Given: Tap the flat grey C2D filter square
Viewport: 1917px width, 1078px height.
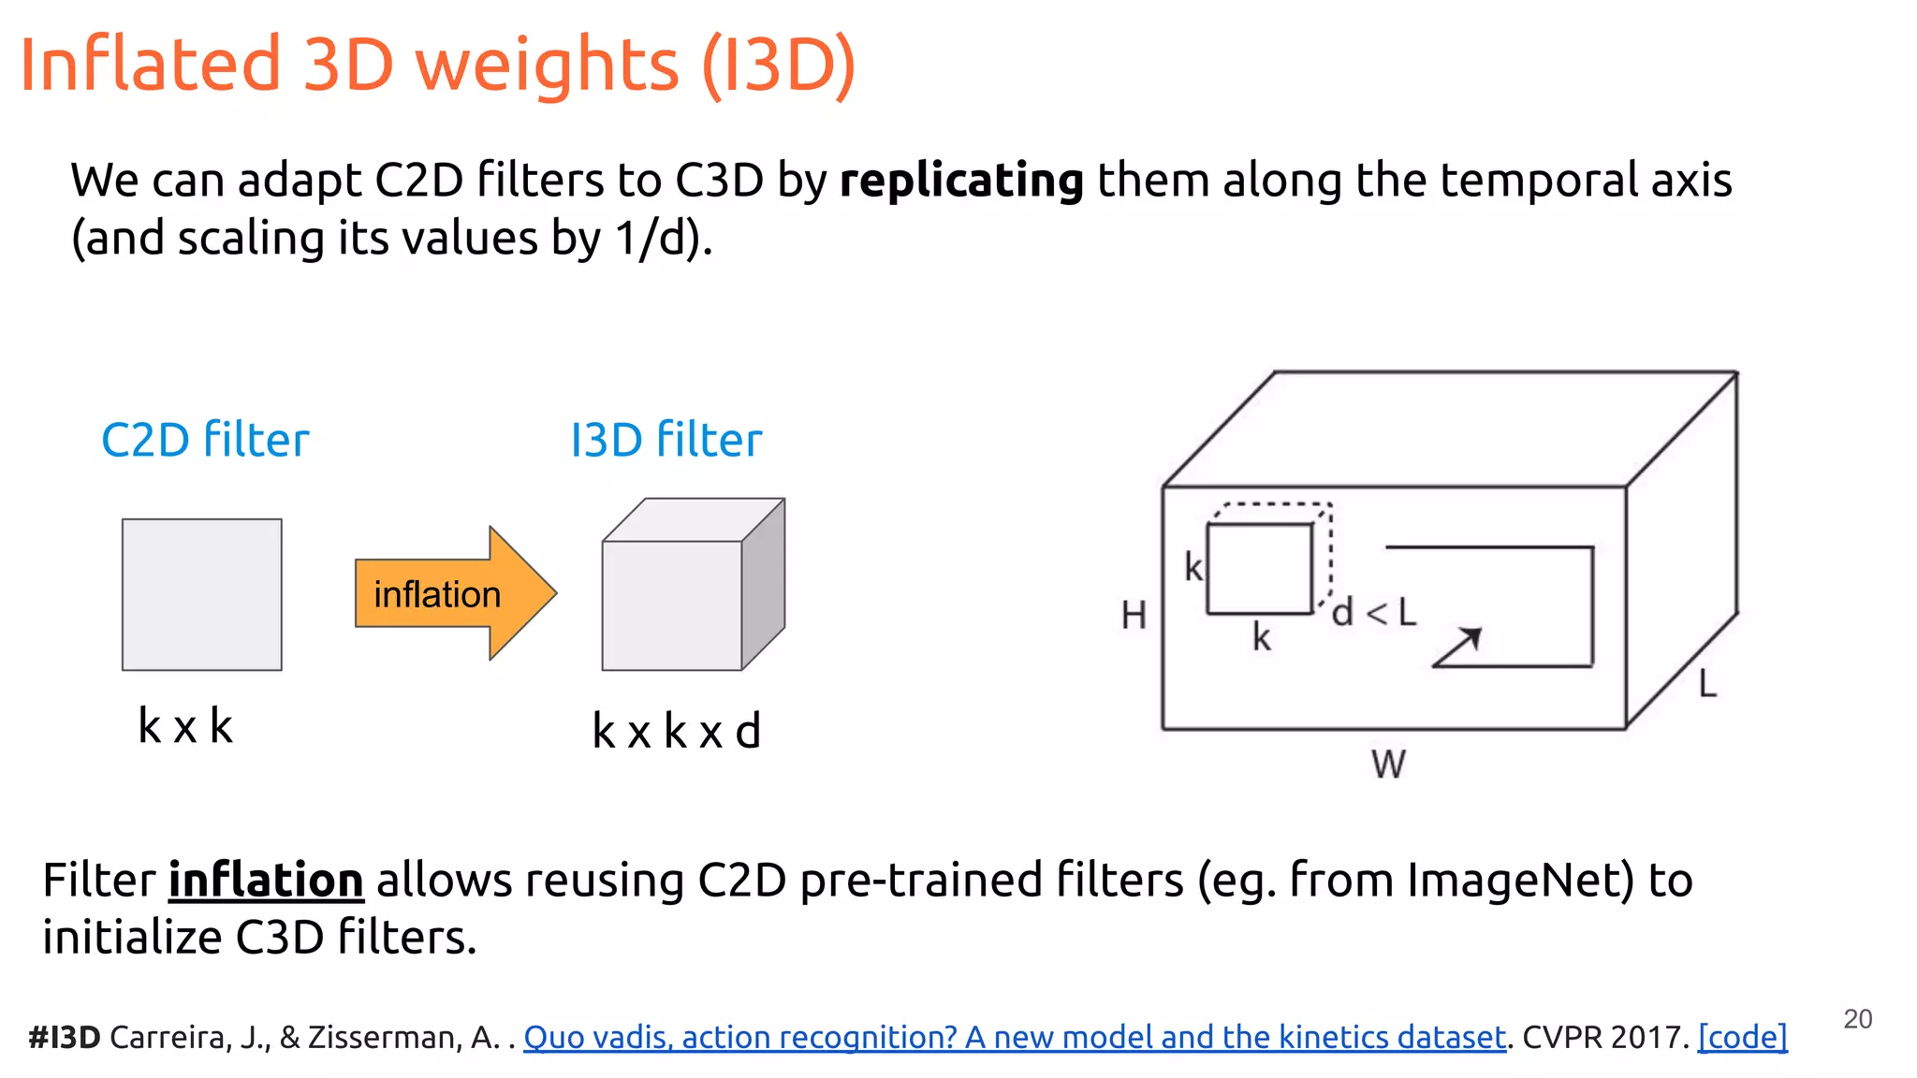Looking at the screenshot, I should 201,594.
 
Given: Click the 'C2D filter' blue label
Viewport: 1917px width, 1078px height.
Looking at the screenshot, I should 205,440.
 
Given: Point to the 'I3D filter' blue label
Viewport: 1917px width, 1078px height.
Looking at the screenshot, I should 666,440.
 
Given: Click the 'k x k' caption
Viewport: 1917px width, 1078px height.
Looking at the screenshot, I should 185,726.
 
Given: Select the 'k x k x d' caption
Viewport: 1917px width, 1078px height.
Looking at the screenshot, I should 676,731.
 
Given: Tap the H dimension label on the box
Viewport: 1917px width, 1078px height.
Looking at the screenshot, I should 1134,616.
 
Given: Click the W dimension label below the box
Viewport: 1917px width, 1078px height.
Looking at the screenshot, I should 1388,765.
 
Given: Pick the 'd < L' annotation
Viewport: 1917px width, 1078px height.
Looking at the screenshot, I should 1374,613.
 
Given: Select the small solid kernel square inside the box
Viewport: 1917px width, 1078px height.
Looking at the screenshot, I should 1260,569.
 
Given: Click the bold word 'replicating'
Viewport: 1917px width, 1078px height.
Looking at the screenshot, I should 961,180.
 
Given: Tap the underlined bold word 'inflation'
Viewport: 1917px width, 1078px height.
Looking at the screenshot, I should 266,881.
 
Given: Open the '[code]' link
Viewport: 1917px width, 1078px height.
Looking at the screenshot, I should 1742,1037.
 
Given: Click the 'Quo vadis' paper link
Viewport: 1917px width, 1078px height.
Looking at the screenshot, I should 1015,1037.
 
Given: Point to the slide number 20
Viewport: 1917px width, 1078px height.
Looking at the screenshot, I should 1857,1019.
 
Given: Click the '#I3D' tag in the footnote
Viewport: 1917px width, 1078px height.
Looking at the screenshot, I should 64,1037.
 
